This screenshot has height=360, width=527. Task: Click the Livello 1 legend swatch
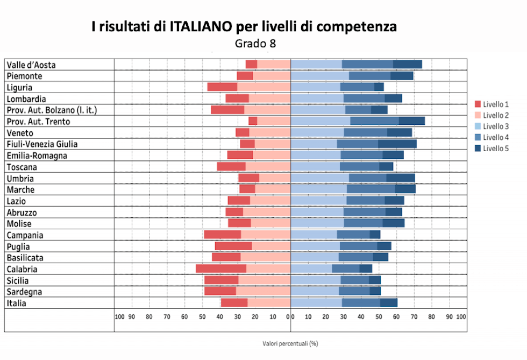coord(478,104)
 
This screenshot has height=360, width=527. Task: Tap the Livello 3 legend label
coord(495,126)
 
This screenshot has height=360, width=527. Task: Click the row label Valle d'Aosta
coord(31,65)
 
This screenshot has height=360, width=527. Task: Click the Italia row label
coord(17,303)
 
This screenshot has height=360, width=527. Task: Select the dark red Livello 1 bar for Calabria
coord(221,269)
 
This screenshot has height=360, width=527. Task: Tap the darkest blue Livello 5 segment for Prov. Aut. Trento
coord(411,121)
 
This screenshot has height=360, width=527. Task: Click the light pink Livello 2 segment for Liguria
coord(263,87)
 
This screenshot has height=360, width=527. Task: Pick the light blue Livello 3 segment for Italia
coord(316,303)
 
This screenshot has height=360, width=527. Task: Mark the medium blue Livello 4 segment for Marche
coord(371,189)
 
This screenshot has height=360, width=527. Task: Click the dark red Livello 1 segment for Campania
coord(223,235)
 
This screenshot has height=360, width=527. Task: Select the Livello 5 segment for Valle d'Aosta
coord(407,65)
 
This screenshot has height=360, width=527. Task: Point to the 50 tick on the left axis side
coord(202,316)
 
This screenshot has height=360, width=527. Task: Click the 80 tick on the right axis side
coord(431,316)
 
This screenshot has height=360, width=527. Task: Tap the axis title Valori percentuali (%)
coord(290,343)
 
